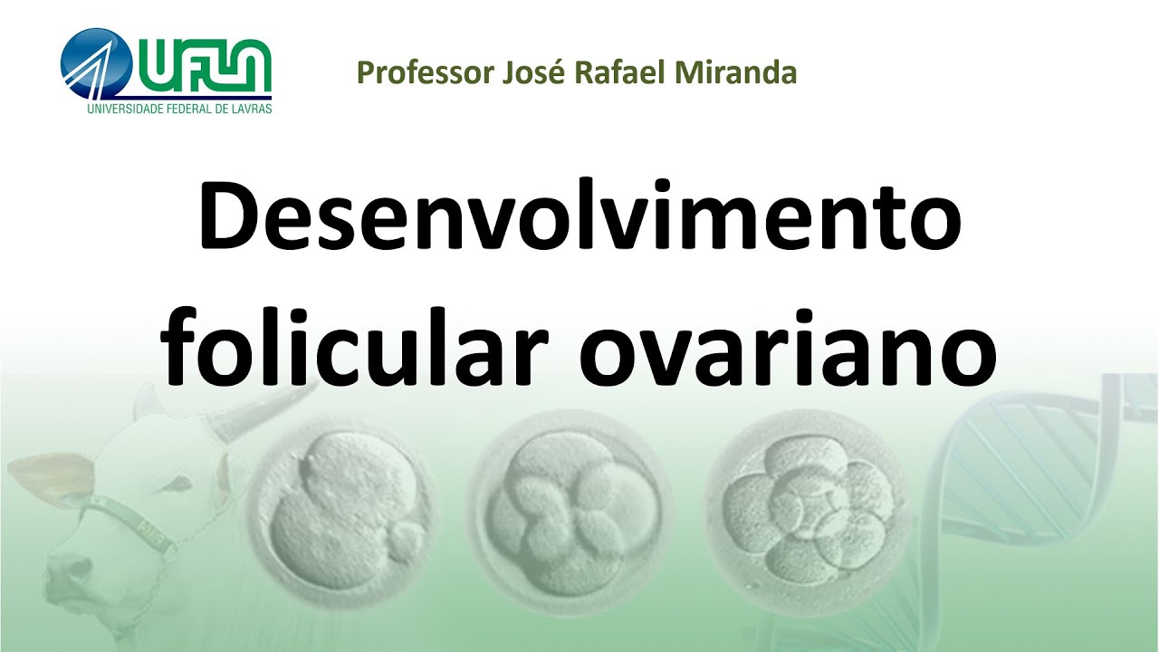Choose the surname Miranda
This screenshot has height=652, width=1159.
[x=734, y=72]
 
